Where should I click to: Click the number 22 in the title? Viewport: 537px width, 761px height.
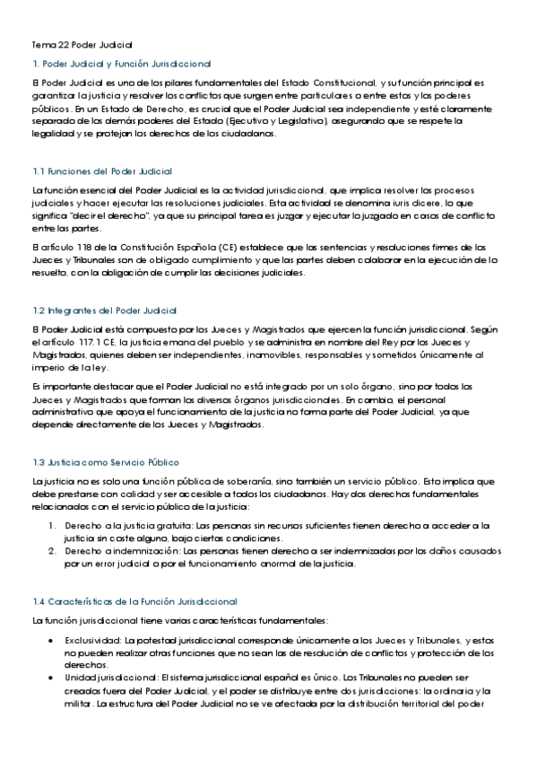[x=63, y=43]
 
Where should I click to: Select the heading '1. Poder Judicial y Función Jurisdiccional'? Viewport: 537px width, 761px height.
[x=121, y=64]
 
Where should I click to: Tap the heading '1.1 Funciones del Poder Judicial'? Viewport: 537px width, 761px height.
[x=101, y=171]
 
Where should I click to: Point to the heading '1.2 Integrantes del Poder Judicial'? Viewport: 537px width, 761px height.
[x=105, y=309]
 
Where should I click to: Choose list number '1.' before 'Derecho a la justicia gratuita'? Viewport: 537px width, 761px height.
[x=53, y=525]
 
